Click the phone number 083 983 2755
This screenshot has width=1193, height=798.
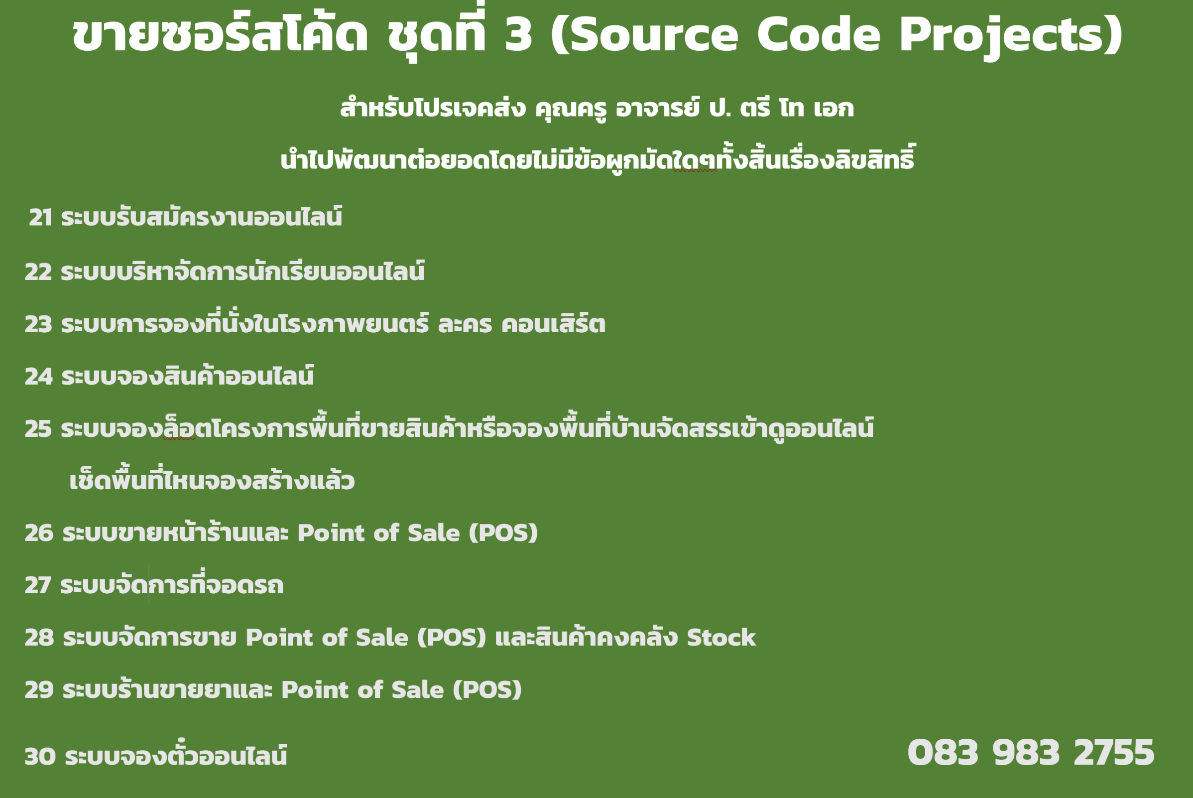[x=1031, y=753]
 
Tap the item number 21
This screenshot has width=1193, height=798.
[x=41, y=218]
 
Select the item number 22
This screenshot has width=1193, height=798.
[x=38, y=272]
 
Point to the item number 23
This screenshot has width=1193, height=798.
[x=38, y=325]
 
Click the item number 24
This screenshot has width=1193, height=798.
[x=39, y=377]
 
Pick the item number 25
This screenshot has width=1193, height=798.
[x=38, y=429]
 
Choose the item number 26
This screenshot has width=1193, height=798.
[x=39, y=533]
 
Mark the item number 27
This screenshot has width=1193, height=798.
[x=38, y=586]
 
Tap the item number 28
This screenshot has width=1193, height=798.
[x=39, y=638]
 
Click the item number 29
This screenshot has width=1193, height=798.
[x=39, y=690]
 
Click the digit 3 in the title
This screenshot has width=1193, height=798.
[x=518, y=34]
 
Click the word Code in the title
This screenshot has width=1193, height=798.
[x=819, y=34]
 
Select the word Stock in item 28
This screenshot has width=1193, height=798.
[x=721, y=638]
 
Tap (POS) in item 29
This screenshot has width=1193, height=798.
[x=487, y=690]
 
